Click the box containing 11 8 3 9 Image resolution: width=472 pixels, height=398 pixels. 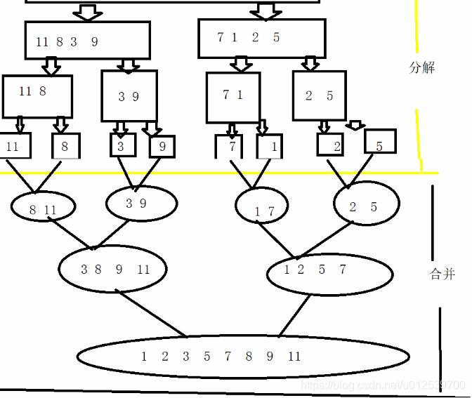[x=87, y=41]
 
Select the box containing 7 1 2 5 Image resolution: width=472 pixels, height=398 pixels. [x=261, y=38]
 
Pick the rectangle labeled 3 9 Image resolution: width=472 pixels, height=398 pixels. [x=129, y=96]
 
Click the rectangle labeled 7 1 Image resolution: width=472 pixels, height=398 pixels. [x=233, y=97]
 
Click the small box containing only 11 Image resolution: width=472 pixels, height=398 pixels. [x=13, y=147]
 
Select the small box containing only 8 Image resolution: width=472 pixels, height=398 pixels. [x=65, y=147]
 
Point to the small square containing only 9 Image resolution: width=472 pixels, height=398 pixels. [x=162, y=146]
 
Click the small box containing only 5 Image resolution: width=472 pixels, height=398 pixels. [x=380, y=142]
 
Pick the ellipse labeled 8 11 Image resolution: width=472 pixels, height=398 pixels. [x=43, y=208]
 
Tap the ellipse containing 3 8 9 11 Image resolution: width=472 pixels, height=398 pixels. [x=113, y=269]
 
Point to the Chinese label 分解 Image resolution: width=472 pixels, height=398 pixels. [x=421, y=68]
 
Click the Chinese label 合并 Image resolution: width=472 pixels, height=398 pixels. [x=441, y=274]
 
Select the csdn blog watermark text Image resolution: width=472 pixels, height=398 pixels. [x=383, y=385]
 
